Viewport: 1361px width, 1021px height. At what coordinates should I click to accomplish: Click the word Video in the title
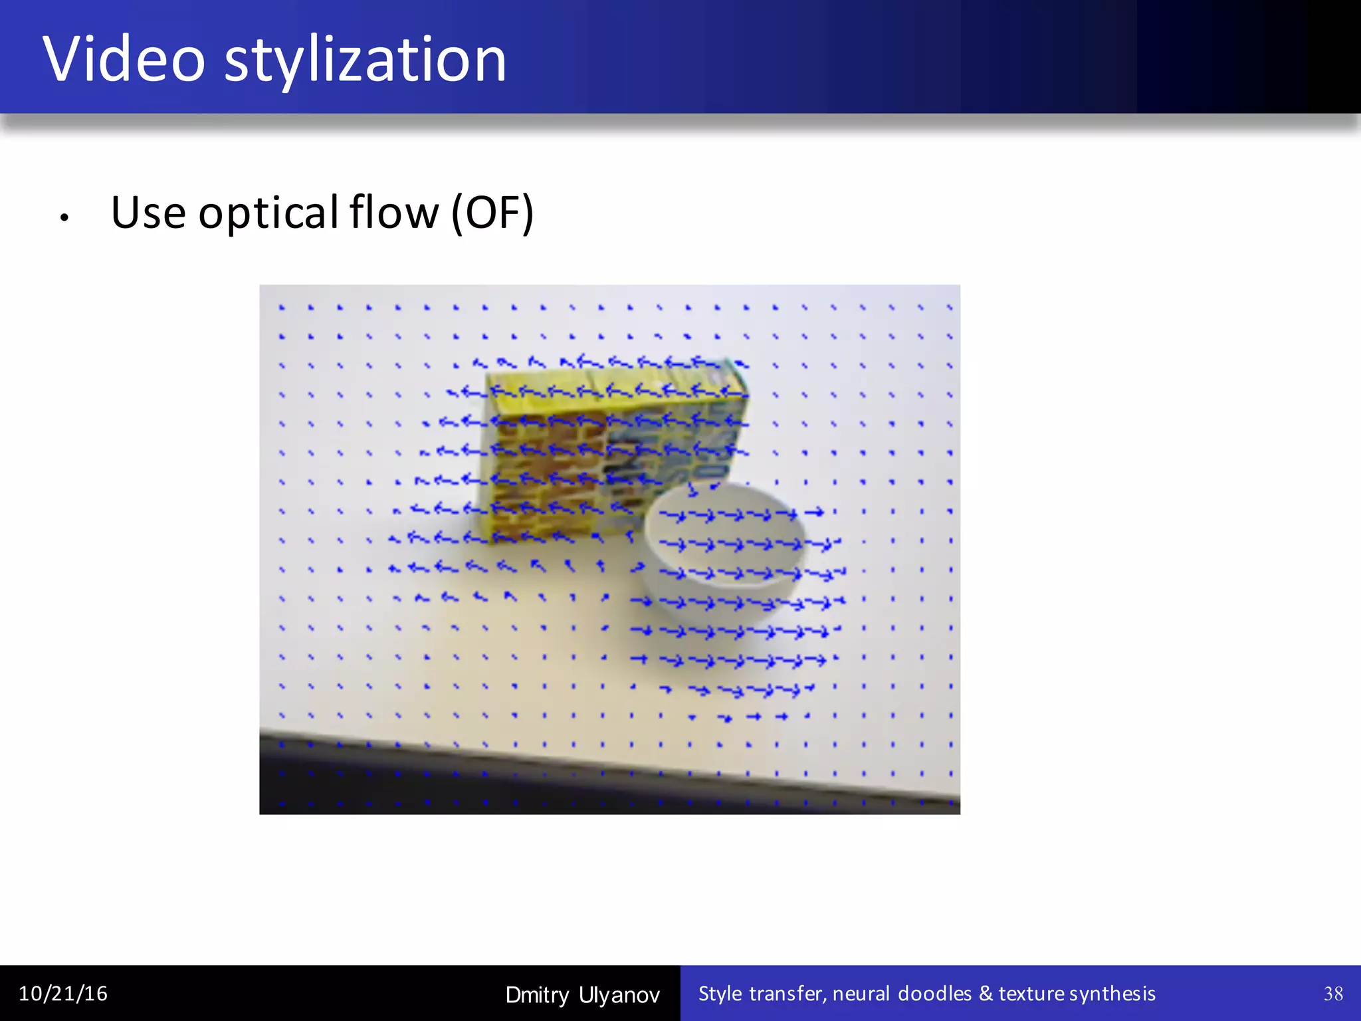[124, 60]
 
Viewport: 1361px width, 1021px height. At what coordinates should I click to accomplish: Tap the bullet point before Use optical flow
[64, 217]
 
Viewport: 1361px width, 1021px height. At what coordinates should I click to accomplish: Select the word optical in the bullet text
[268, 213]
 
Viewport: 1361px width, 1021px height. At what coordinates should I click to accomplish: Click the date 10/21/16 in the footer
[63, 994]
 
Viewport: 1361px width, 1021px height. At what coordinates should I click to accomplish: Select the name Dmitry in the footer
[537, 995]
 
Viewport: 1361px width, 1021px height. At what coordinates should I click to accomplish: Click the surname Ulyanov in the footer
[619, 995]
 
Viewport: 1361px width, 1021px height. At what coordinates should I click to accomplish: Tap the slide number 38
[1333, 994]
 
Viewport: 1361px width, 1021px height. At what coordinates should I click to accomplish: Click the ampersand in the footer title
[986, 994]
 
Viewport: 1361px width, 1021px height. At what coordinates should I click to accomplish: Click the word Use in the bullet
[148, 213]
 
